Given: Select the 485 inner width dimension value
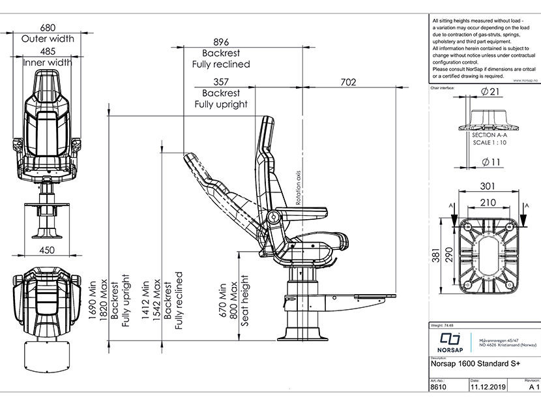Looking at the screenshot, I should (x=48, y=51).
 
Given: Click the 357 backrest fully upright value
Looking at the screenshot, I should (x=221, y=82).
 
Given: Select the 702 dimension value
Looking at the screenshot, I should (x=349, y=82).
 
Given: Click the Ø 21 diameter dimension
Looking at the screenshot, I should (x=489, y=93).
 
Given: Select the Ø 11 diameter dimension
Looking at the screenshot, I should (x=489, y=161).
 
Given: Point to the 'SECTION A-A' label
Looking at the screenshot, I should (x=489, y=134).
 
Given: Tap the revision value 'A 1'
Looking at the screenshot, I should (x=534, y=387).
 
